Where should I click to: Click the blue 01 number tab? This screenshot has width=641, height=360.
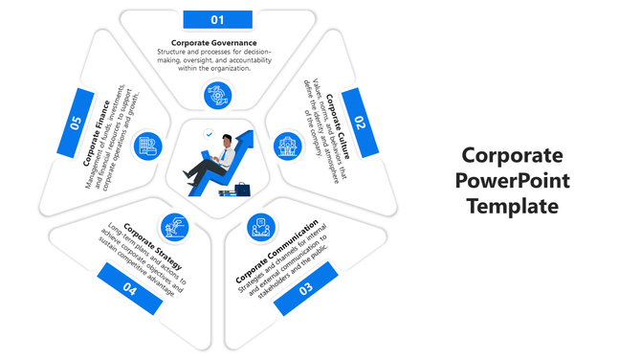click(x=217, y=19)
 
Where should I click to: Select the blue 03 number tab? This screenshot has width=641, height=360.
click(x=306, y=287)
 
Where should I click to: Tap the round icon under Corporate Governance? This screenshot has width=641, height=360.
click(x=217, y=95)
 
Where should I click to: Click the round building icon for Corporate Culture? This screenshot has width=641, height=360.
click(x=285, y=146)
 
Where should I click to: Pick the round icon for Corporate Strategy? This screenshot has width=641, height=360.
click(x=174, y=227)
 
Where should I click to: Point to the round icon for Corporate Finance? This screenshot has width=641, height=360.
click(x=148, y=146)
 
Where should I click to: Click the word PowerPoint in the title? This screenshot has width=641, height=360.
click(x=512, y=180)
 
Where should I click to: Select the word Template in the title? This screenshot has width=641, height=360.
click(x=512, y=204)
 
